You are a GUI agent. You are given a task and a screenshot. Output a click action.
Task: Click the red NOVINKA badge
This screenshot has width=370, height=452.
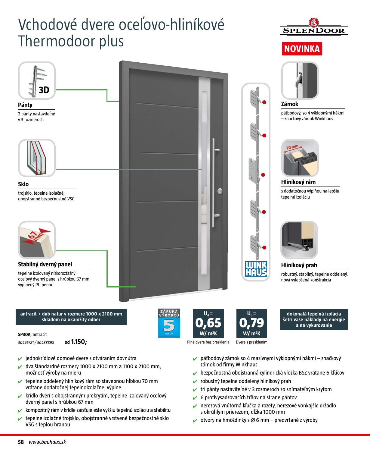[x=302, y=49]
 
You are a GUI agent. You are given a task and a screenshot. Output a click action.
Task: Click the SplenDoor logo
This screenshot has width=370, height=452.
[x=314, y=27]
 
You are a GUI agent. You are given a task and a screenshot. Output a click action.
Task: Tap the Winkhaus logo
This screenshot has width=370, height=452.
[x=256, y=269]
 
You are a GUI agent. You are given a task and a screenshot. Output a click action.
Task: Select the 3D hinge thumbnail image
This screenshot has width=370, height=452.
[x=37, y=81]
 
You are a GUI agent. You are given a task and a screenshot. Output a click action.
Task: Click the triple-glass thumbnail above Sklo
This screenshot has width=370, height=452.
[x=37, y=158]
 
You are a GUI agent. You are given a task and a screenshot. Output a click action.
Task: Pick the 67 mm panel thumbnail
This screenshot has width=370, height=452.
[x=37, y=240]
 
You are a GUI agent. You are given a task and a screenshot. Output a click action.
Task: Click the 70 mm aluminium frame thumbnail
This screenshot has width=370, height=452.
[x=300, y=158]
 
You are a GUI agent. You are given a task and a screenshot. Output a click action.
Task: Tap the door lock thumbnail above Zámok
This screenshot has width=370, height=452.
[x=300, y=80]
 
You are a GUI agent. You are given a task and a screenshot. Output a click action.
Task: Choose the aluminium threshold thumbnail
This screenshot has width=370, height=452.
[x=299, y=240]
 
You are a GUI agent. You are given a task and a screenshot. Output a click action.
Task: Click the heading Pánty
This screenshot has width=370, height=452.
[x=25, y=105]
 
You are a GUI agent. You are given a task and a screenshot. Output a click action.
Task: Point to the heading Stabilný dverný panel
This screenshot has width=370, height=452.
[x=45, y=264]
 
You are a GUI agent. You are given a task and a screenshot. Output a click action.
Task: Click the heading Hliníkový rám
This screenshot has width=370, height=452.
[x=298, y=182]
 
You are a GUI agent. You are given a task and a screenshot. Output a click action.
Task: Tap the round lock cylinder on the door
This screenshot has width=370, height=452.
[x=220, y=191]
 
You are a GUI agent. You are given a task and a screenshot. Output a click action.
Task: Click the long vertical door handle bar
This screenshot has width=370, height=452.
[x=214, y=183]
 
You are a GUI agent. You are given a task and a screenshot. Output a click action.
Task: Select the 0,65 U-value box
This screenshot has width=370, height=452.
[x=208, y=323]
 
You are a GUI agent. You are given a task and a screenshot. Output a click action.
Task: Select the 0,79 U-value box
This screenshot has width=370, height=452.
[x=251, y=323]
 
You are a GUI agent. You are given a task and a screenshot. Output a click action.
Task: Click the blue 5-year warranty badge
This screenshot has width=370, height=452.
[x=169, y=323]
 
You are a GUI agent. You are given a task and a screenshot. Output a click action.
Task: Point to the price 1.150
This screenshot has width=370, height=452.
[x=78, y=342]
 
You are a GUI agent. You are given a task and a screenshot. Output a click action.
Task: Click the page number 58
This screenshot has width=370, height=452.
[x=21, y=442]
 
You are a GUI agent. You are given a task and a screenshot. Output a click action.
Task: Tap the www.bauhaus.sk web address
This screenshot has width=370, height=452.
[x=47, y=442]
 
